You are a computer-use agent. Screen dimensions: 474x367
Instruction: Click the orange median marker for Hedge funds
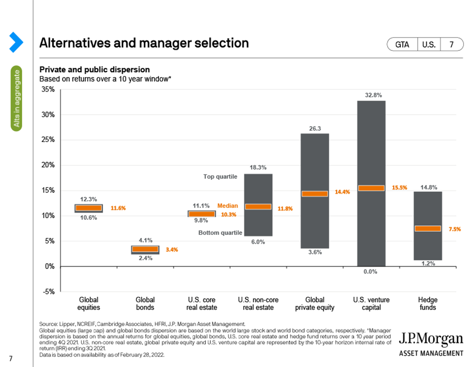428,229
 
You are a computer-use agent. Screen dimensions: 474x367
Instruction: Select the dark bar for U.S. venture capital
371,183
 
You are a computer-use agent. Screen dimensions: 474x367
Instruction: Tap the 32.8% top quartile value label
373,95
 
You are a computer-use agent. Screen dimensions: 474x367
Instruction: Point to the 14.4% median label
342,192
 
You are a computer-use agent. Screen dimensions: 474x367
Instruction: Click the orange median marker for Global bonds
145,249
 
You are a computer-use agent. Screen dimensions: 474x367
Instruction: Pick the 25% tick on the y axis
48,139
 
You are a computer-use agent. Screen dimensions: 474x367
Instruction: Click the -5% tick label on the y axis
48,292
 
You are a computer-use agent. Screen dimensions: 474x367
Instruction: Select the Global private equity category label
315,304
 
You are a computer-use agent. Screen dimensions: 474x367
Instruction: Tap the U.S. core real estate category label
201,304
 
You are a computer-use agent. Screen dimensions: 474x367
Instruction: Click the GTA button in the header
402,45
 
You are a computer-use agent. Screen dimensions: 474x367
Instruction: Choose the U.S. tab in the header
429,45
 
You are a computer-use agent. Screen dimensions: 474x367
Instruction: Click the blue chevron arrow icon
16,42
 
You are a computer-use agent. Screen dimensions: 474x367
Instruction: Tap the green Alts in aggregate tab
16,98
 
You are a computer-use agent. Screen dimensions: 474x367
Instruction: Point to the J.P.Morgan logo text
431,339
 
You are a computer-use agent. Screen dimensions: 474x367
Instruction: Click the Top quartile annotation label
220,177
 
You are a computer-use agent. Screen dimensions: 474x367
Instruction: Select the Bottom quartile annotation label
220,233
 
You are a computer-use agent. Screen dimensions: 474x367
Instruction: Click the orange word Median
228,206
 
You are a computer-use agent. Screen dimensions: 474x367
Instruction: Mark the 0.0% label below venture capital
370,272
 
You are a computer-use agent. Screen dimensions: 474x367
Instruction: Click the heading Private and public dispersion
95,70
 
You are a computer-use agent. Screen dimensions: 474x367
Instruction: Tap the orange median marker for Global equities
88,208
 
